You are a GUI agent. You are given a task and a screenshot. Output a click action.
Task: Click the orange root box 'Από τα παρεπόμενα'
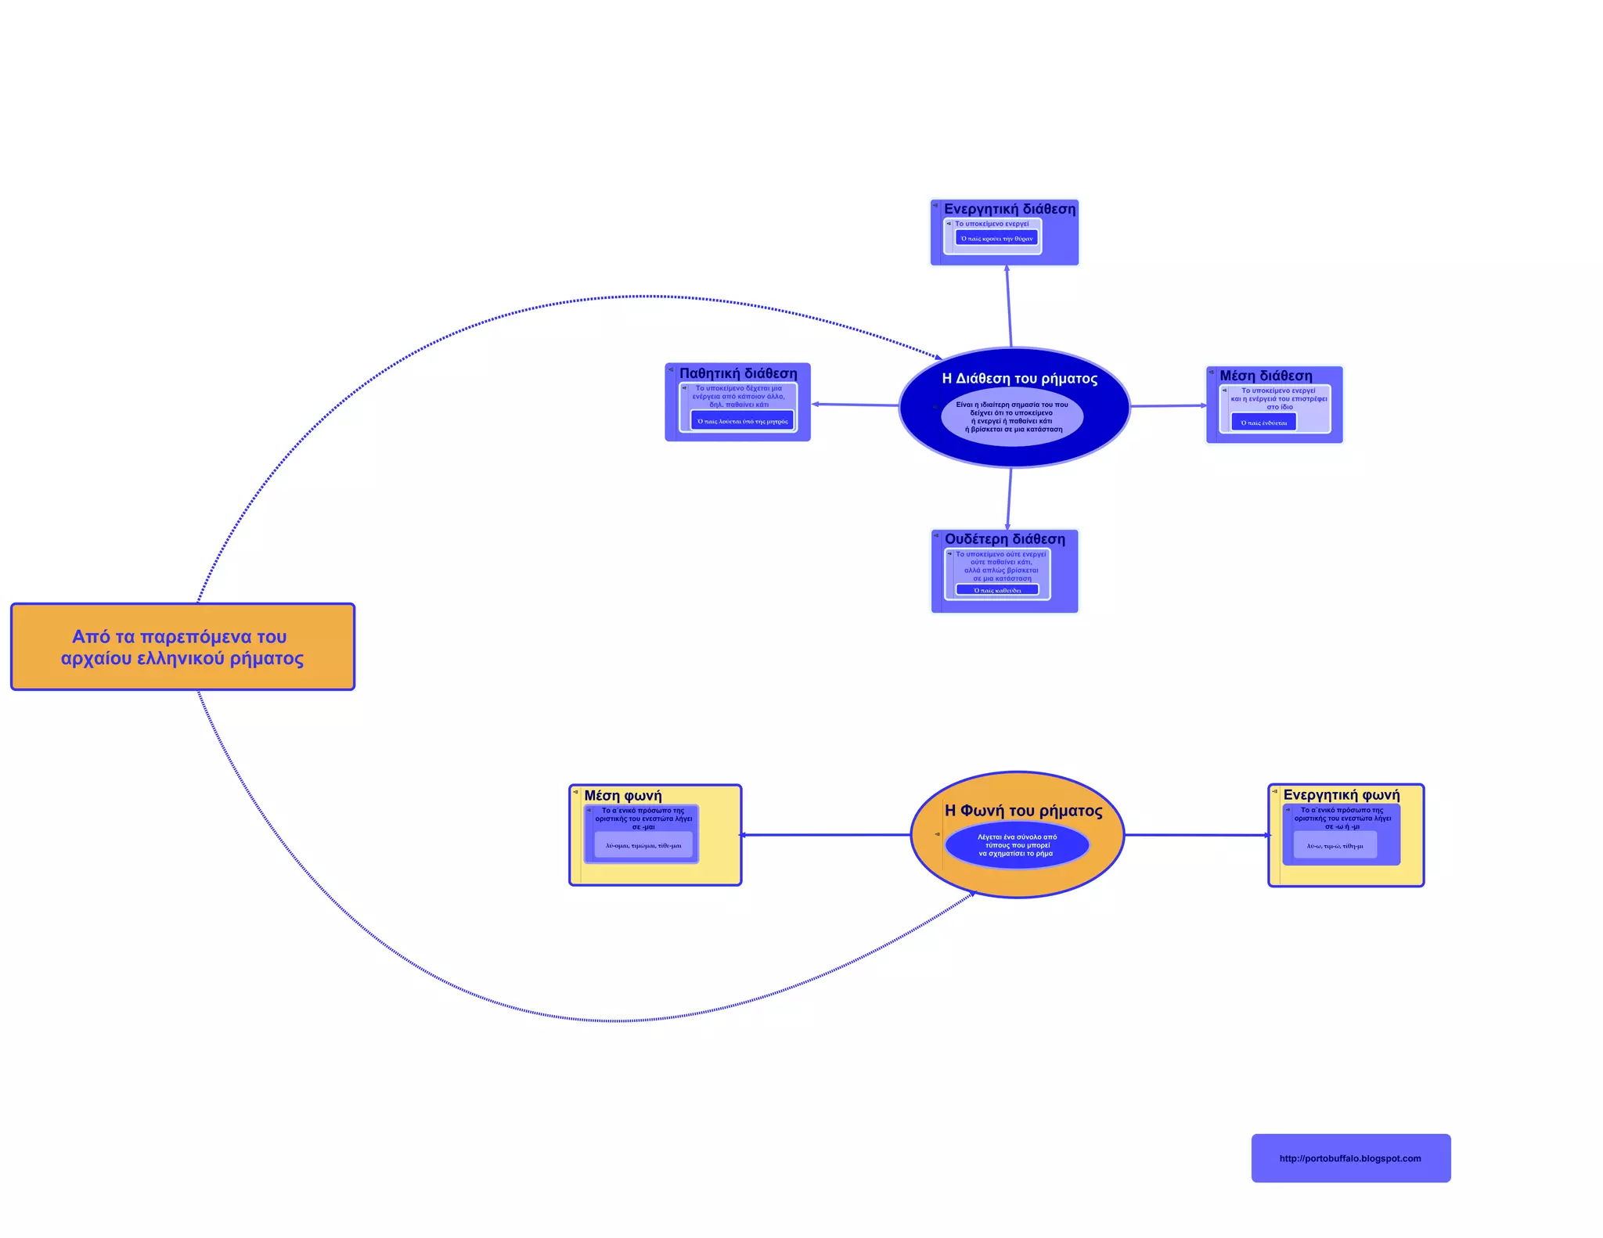(182, 646)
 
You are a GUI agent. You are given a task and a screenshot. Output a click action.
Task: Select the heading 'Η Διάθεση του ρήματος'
(1019, 379)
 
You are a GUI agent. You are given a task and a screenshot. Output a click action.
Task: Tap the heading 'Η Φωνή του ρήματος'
(1023, 811)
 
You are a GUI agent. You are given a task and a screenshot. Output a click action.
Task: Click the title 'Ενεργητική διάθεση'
(1009, 209)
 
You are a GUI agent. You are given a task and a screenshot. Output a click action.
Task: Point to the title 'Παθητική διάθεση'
(738, 373)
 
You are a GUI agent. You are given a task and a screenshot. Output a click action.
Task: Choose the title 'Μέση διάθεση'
(1266, 376)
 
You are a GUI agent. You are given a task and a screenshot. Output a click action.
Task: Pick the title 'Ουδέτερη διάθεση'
(1004, 539)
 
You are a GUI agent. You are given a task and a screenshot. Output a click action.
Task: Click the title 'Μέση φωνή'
(622, 796)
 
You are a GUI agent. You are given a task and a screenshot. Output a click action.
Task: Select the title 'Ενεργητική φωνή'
(1341, 795)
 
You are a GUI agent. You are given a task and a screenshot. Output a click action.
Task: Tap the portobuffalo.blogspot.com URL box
(1350, 1158)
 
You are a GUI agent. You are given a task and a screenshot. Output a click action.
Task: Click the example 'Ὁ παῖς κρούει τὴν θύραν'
(996, 238)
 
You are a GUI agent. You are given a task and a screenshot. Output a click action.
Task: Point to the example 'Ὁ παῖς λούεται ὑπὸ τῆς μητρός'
(742, 421)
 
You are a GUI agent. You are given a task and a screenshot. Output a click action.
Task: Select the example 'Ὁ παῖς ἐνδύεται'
(1263, 423)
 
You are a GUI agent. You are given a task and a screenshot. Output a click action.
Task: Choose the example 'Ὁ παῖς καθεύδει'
(996, 590)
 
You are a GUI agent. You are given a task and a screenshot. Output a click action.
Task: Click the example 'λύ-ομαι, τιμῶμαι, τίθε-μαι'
(643, 845)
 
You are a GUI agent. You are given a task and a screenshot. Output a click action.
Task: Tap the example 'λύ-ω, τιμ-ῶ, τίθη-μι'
(1335, 845)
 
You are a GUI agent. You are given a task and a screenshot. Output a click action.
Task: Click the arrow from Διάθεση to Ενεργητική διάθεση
(1009, 307)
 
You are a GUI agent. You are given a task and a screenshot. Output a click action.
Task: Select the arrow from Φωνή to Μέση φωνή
(826, 835)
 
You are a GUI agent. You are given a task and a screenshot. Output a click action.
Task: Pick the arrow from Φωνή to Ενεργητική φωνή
(1196, 835)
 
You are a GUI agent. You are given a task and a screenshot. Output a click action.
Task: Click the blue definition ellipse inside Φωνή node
(1017, 845)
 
